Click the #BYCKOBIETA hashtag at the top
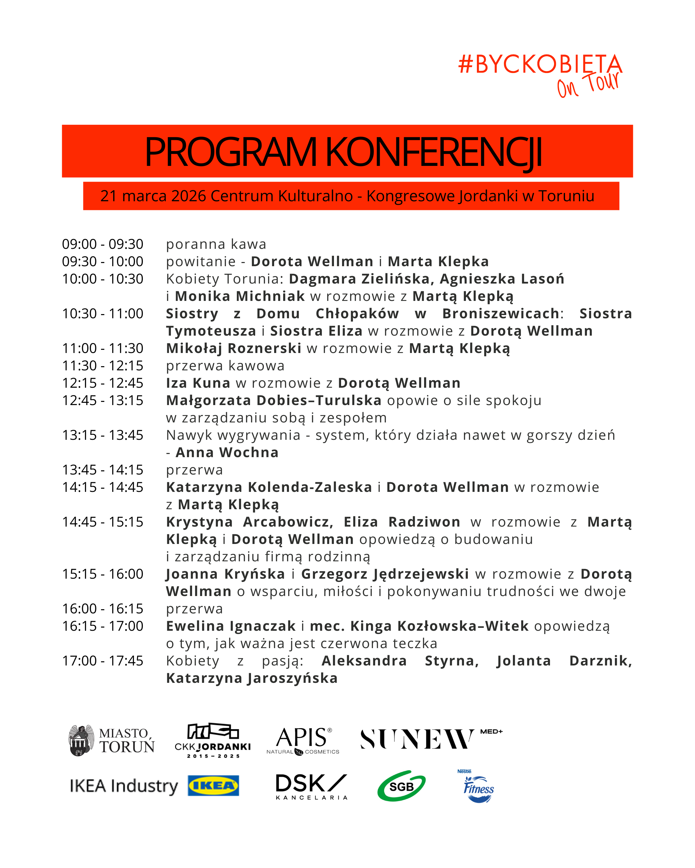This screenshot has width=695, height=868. pyautogui.click(x=540, y=64)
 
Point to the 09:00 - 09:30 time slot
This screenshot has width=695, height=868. pyautogui.click(x=102, y=244)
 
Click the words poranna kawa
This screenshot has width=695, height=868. pyautogui.click(x=216, y=244)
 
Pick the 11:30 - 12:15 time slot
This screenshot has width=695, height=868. pyautogui.click(x=102, y=366)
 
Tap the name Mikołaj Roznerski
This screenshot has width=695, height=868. pyautogui.click(x=234, y=348)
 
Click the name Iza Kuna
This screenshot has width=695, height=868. pyautogui.click(x=198, y=383)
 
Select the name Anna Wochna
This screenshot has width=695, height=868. pyautogui.click(x=227, y=453)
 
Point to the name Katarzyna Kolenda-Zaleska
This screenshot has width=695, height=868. pyautogui.click(x=269, y=487)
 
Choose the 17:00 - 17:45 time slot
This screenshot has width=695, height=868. pyautogui.click(x=102, y=661)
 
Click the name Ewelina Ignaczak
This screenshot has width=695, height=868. pyautogui.click(x=231, y=626)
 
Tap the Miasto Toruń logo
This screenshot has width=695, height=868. pyautogui.click(x=112, y=740)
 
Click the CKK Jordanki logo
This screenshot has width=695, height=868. pyautogui.click(x=213, y=740)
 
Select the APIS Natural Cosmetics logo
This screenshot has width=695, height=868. pyautogui.click(x=303, y=740)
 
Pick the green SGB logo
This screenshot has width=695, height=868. pyautogui.click(x=401, y=786)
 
